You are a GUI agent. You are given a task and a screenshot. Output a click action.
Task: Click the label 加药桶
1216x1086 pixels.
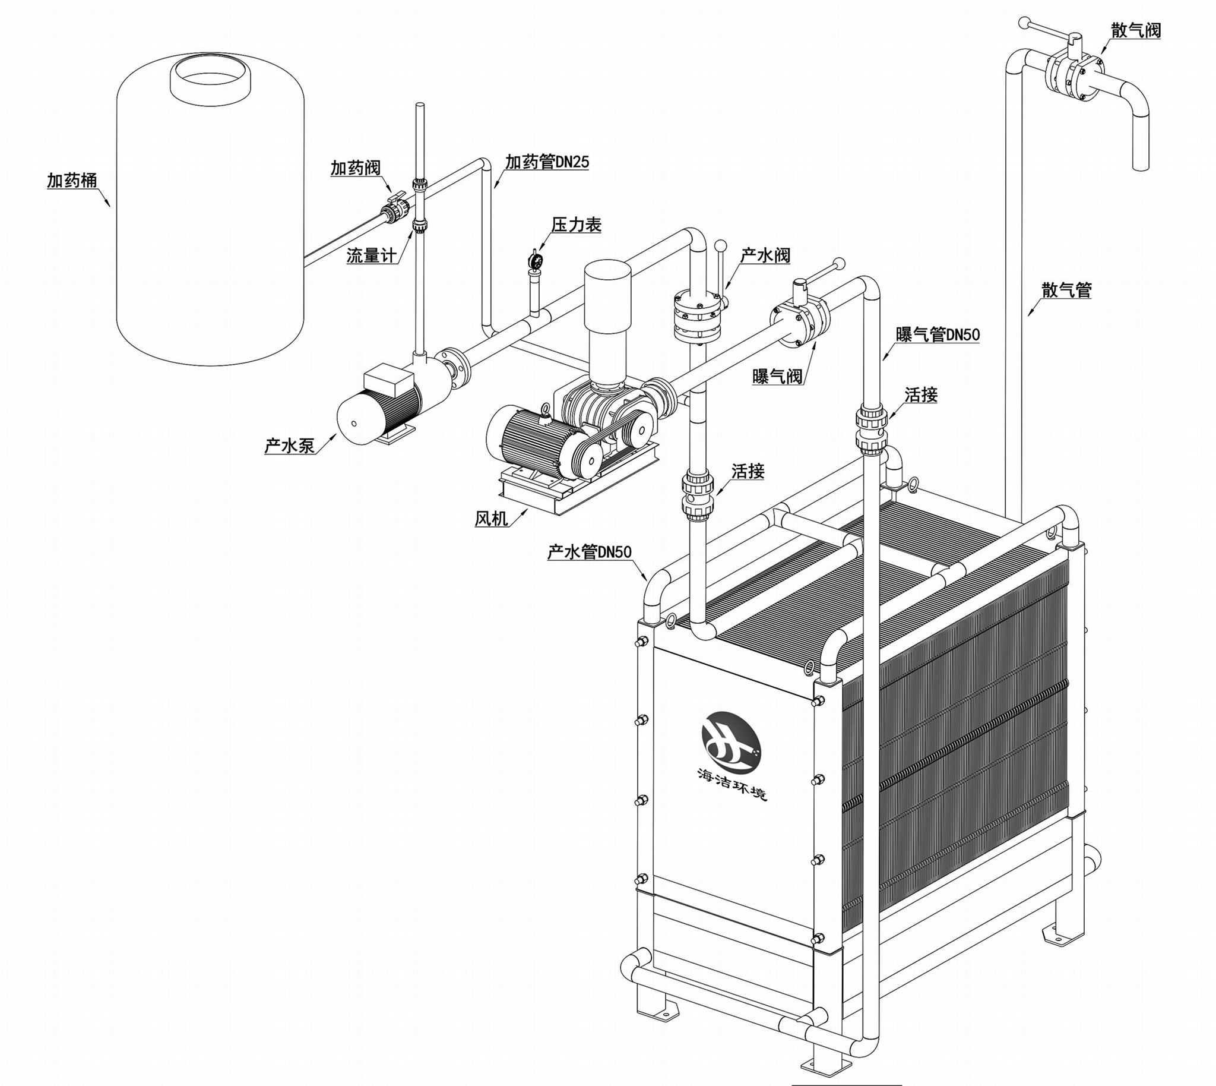[x=72, y=180]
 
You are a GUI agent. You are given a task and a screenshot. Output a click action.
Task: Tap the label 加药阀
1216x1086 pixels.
[x=356, y=168]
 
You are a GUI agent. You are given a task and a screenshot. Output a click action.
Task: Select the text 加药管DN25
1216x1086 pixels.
[x=547, y=162]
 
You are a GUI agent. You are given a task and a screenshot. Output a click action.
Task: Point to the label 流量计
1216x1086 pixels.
[x=372, y=256]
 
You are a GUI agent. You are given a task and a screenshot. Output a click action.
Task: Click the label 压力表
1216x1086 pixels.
[x=576, y=225]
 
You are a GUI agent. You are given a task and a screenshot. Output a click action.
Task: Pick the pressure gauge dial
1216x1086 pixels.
[x=535, y=260]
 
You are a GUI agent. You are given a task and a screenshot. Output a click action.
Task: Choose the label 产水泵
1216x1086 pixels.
[x=289, y=445]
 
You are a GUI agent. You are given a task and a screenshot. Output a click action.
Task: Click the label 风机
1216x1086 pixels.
[x=492, y=518]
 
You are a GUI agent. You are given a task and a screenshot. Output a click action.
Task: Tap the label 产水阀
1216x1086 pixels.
[x=765, y=255]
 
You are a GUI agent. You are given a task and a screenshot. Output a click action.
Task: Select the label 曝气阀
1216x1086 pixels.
[x=777, y=377]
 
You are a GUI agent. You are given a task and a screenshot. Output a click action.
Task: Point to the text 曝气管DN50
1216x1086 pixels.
[x=938, y=334]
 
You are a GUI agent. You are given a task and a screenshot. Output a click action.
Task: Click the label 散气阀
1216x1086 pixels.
[x=1136, y=30]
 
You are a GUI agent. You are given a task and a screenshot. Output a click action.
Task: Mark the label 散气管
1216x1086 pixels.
[x=1067, y=290]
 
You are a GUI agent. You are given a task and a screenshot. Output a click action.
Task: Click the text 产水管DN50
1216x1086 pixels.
[x=589, y=551]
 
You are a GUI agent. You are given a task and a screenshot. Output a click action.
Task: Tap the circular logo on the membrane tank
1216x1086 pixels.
[x=730, y=739]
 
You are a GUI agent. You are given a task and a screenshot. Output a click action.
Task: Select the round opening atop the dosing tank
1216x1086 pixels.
[x=210, y=79]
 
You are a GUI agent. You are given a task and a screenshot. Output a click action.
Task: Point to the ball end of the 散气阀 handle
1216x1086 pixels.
[x=1024, y=23]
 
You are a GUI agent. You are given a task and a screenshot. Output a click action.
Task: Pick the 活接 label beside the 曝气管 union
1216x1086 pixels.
[x=921, y=394]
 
